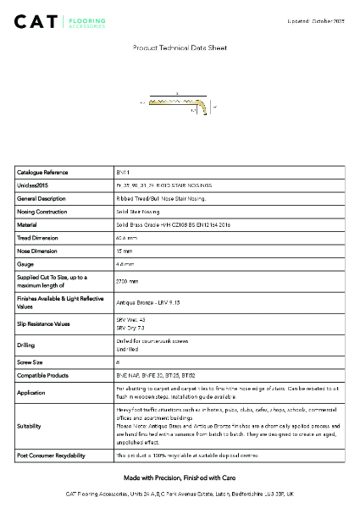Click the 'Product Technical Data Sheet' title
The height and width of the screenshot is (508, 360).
180,49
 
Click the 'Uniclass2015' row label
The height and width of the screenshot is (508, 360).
36,185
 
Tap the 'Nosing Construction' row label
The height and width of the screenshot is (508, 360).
42,212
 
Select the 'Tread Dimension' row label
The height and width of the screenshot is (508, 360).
39,238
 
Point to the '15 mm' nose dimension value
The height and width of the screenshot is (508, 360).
125,251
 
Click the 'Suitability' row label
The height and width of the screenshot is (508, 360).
30,427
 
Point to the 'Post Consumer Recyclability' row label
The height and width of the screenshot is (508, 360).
51,456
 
